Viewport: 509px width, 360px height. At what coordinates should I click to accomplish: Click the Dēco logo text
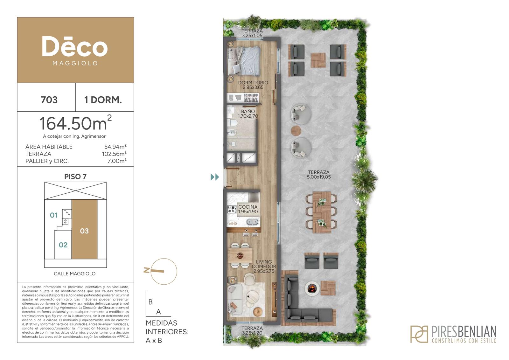tap(75, 46)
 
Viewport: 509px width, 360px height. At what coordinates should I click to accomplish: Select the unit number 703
tap(49, 100)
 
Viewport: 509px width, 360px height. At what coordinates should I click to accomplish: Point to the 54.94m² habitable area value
tap(115, 147)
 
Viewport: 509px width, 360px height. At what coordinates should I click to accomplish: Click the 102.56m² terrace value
tap(114, 154)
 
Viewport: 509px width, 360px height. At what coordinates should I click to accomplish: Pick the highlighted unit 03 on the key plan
tap(85, 229)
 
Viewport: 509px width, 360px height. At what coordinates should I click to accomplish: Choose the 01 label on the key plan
tap(54, 215)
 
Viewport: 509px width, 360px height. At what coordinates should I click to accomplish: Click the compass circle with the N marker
tap(164, 271)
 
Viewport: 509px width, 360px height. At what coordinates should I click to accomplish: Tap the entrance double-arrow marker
tap(215, 177)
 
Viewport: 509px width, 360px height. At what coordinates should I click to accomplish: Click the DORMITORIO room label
tap(253, 83)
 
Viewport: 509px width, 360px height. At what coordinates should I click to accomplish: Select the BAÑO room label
tap(248, 111)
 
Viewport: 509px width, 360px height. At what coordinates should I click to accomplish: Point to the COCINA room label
tap(248, 207)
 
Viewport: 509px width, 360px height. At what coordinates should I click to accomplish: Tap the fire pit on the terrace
tap(312, 288)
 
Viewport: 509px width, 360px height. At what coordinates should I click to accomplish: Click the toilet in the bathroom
tap(233, 123)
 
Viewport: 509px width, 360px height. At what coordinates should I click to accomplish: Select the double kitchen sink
tap(253, 221)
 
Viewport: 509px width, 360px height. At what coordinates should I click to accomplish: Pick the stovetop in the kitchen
tap(232, 209)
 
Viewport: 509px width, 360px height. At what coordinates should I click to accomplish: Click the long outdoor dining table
tap(322, 212)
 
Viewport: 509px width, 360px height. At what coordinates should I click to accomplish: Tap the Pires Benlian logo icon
tap(419, 334)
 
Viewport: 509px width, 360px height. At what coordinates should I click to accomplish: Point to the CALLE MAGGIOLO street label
tap(74, 274)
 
